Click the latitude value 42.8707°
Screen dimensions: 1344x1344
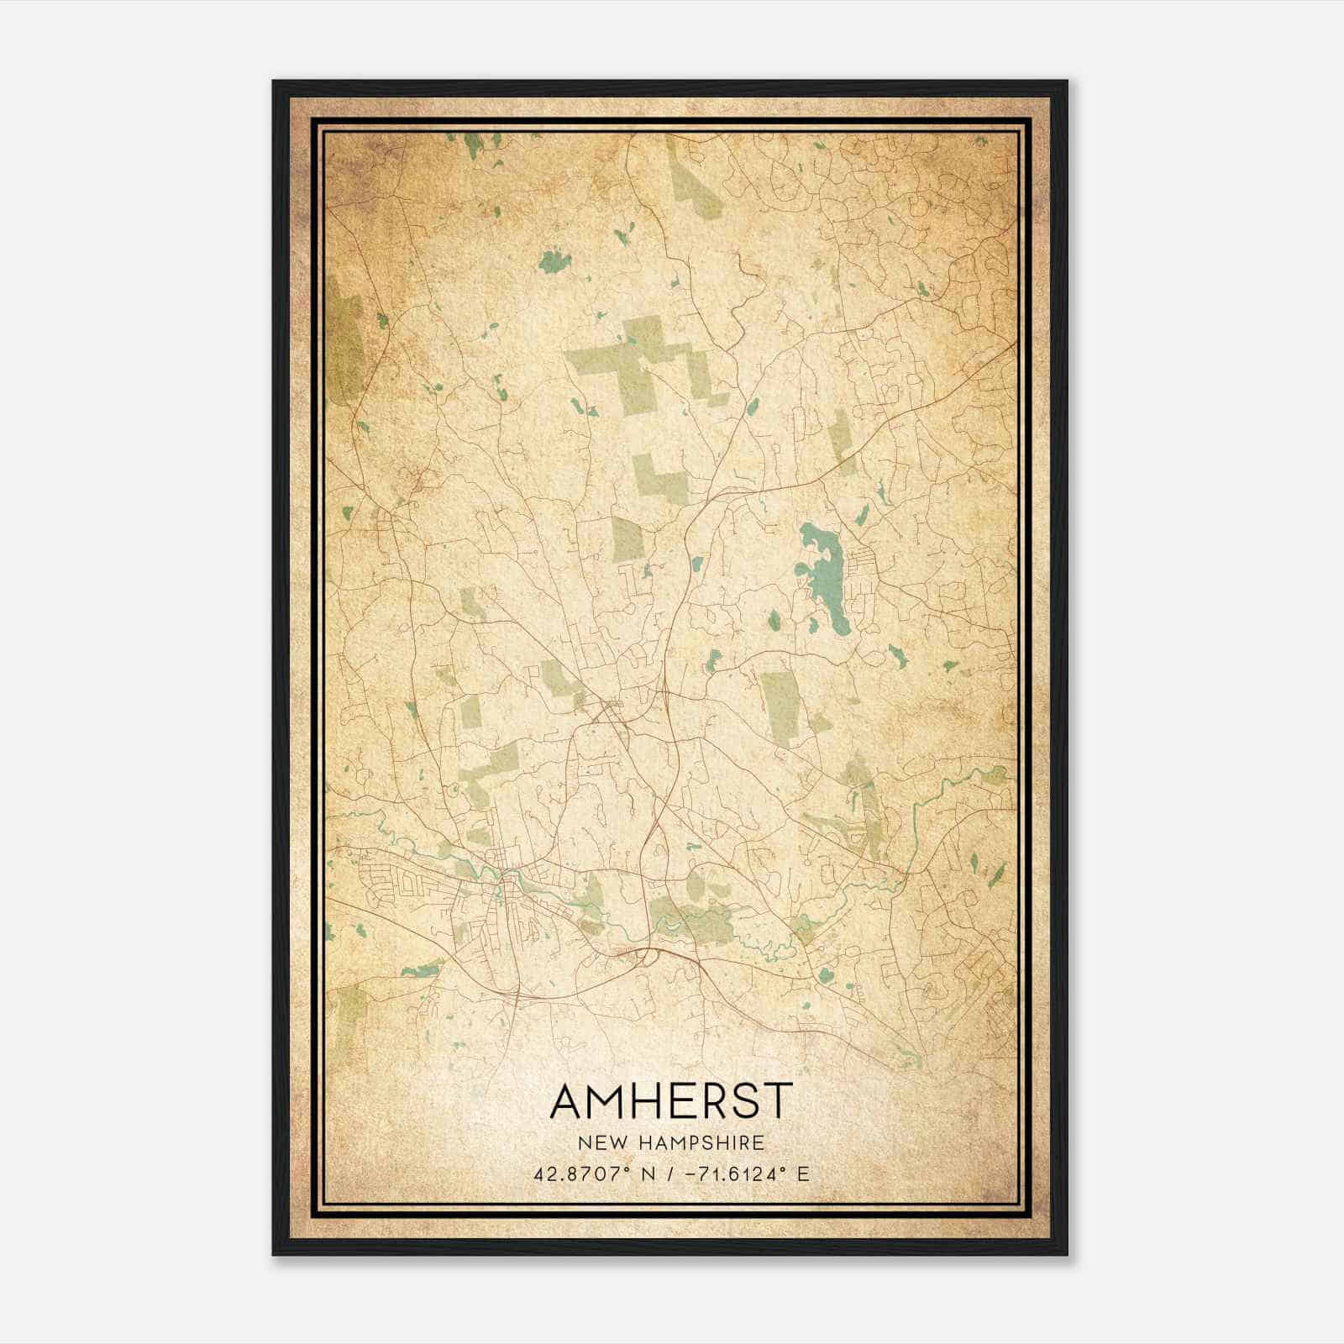click(581, 1174)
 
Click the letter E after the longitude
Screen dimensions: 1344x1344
click(803, 1174)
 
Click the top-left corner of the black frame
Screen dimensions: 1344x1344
click(274, 81)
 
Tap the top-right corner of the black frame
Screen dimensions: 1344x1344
click(1067, 81)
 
